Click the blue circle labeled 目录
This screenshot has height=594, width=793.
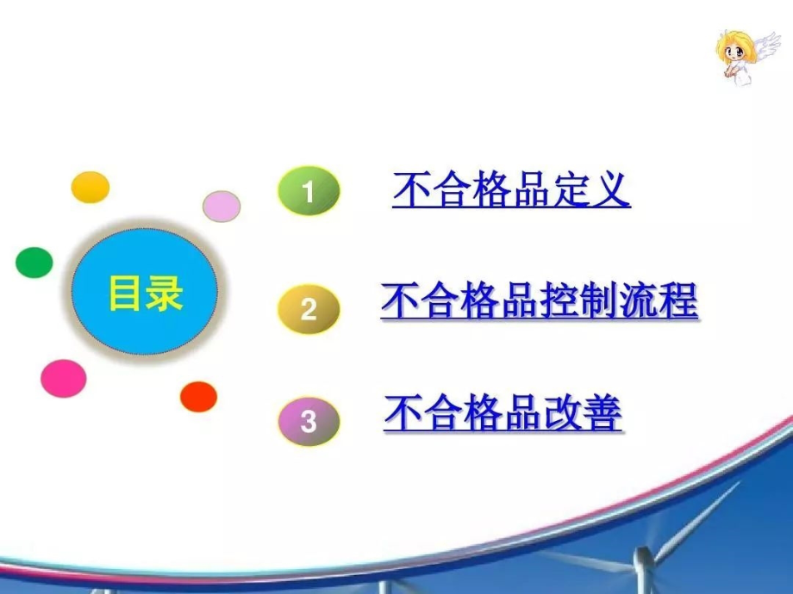pyautogui.click(x=145, y=293)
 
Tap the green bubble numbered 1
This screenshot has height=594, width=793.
pyautogui.click(x=309, y=191)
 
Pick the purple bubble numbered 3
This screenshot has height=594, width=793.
pyautogui.click(x=309, y=422)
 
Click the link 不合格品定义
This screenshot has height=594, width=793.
pyautogui.click(x=511, y=190)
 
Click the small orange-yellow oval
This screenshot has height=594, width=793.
pyautogui.click(x=90, y=188)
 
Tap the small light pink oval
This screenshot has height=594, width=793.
pyautogui.click(x=222, y=207)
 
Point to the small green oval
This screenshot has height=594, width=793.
pyautogui.click(x=34, y=262)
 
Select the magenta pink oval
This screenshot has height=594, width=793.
pyautogui.click(x=64, y=378)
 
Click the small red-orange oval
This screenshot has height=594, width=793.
pyautogui.click(x=198, y=396)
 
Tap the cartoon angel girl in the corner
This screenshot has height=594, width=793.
pyautogui.click(x=741, y=57)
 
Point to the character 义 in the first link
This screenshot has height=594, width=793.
pyautogui.click(x=612, y=190)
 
